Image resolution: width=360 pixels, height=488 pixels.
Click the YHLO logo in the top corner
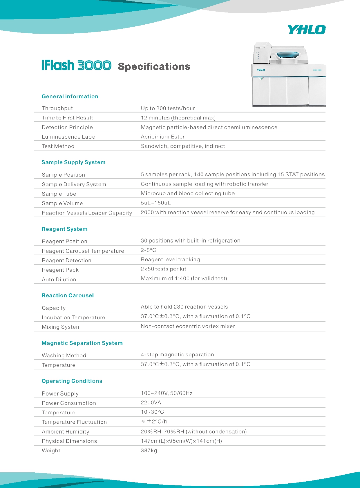[307, 30]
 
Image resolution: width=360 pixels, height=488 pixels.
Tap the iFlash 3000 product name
[76, 65]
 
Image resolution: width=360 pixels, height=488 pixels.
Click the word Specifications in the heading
[154, 67]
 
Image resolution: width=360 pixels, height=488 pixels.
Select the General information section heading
[70, 96]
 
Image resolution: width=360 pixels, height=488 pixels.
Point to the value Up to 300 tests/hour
[168, 108]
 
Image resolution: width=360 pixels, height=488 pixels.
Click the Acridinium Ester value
[162, 137]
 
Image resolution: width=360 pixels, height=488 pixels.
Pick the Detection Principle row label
[67, 127]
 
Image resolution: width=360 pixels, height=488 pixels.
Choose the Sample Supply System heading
[73, 162]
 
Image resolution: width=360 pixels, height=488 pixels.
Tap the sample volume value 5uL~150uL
[155, 203]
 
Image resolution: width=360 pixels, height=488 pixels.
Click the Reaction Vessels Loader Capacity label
[87, 213]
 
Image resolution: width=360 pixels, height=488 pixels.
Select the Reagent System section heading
[64, 229]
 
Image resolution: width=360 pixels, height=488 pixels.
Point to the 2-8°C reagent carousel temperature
[148, 250]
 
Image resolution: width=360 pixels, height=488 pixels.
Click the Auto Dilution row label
[59, 280]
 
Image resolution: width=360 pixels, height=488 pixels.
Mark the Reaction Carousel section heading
[68, 295]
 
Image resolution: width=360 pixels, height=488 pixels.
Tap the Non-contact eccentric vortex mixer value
[188, 326]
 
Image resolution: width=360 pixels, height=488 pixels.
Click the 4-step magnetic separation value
[177, 355]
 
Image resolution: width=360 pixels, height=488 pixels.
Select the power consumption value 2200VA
[151, 402]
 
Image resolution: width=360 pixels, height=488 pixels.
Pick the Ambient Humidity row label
[66, 431]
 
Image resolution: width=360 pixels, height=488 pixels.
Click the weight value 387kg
[149, 450]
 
